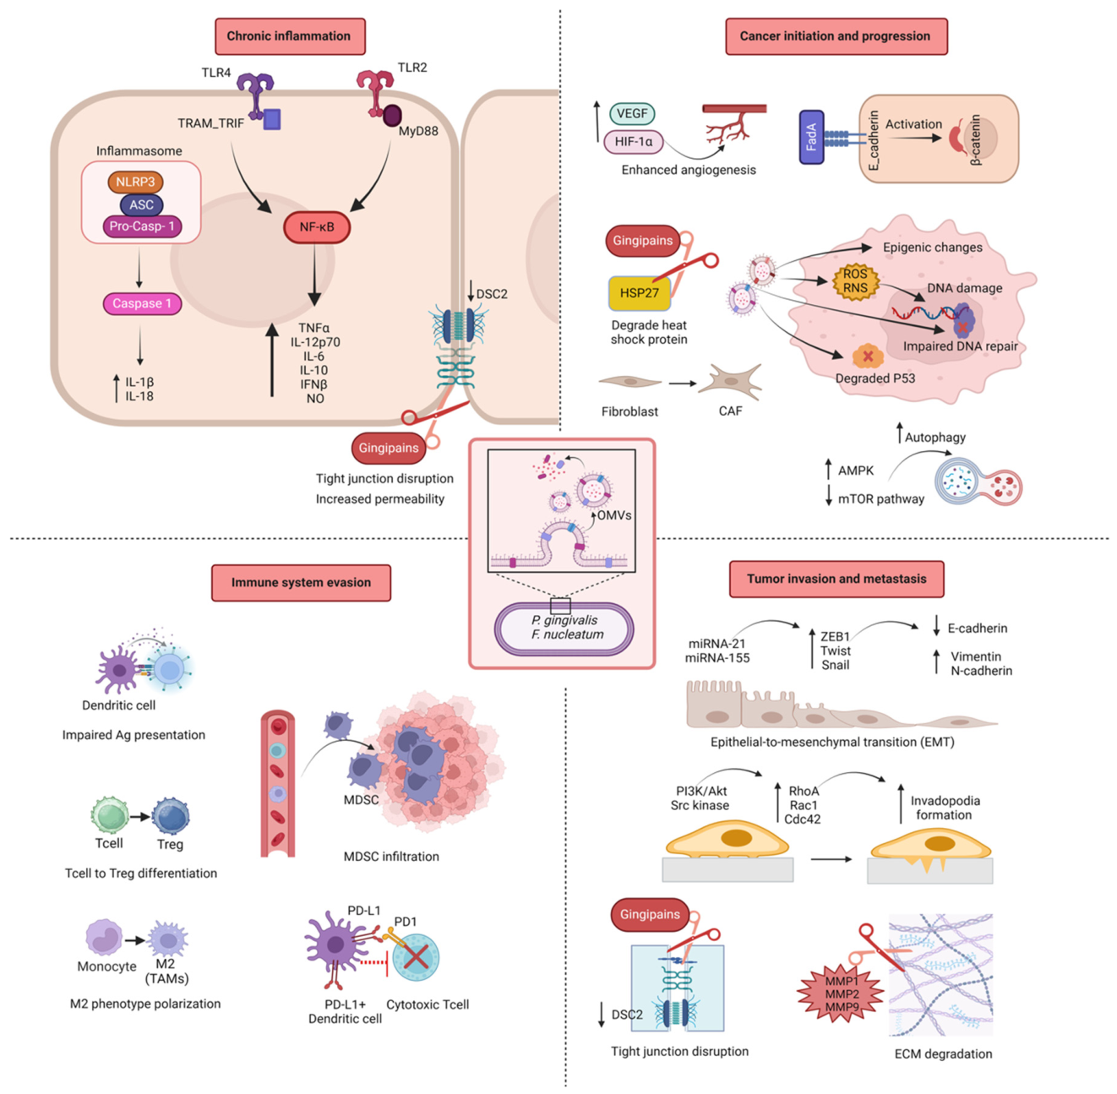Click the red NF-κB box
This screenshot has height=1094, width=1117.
pyautogui.click(x=317, y=226)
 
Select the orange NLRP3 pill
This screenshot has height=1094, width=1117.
pyautogui.click(x=135, y=182)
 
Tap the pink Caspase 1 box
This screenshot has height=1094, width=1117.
pyautogui.click(x=142, y=303)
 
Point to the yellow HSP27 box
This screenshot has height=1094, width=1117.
pyautogui.click(x=640, y=293)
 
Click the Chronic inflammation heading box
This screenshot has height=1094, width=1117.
pyautogui.click(x=290, y=36)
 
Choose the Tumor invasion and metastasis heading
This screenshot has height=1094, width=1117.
pyautogui.click(x=836, y=579)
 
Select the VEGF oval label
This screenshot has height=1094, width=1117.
pyautogui.click(x=632, y=113)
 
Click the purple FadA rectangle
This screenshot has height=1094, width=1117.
pyautogui.click(x=811, y=138)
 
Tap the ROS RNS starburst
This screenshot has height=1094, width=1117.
pyautogui.click(x=855, y=281)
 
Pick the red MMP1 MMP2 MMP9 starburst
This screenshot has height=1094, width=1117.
pyautogui.click(x=841, y=993)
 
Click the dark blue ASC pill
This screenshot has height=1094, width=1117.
pyautogui.click(x=141, y=204)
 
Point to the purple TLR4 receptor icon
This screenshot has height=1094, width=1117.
pyautogui.click(x=255, y=95)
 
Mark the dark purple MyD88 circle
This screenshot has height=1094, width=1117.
pyautogui.click(x=392, y=116)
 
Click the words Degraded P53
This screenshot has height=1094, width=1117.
pyautogui.click(x=875, y=378)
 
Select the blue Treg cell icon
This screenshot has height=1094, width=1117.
pyautogui.click(x=171, y=816)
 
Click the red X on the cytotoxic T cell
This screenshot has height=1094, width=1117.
pyautogui.click(x=416, y=956)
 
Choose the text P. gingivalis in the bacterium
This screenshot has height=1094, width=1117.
pyautogui.click(x=564, y=620)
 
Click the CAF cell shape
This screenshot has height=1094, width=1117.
pyautogui.click(x=730, y=381)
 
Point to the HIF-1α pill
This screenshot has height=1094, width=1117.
pyautogui.click(x=634, y=141)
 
